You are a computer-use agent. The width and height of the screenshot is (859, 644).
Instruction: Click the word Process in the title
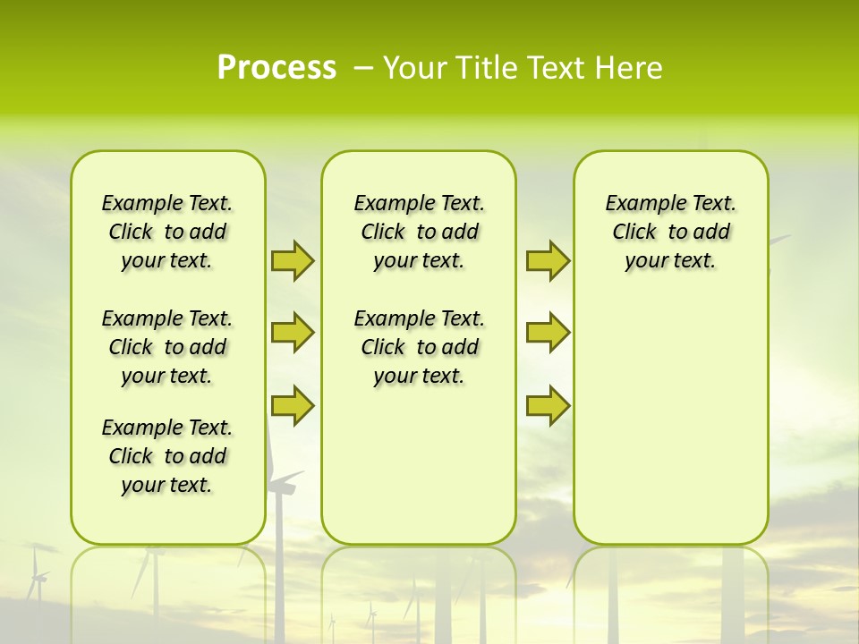pos(276,68)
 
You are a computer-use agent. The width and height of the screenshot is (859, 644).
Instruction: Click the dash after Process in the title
pos(363,68)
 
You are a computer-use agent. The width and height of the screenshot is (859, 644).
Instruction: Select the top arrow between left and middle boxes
pos(293,260)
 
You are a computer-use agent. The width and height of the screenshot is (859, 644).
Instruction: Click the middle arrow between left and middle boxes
pos(293,333)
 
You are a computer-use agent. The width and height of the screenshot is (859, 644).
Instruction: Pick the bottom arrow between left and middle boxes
pos(293,405)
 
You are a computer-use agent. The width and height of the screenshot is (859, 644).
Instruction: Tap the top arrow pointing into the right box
pos(548,260)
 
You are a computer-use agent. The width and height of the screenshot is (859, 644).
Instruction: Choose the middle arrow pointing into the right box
pos(548,333)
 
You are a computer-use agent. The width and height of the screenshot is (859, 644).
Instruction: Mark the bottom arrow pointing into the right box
pos(548,405)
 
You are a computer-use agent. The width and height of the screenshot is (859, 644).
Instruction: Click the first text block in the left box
pos(167,232)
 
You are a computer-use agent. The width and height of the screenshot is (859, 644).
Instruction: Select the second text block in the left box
pos(167,347)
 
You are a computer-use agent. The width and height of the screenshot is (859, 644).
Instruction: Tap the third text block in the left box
pos(167,456)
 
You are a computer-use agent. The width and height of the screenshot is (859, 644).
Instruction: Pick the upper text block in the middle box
pos(419,232)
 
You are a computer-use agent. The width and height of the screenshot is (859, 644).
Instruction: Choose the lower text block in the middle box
pos(419,347)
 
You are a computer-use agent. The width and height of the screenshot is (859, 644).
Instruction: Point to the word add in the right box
pos(712,232)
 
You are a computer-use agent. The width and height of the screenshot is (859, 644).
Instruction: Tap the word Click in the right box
pos(634,232)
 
